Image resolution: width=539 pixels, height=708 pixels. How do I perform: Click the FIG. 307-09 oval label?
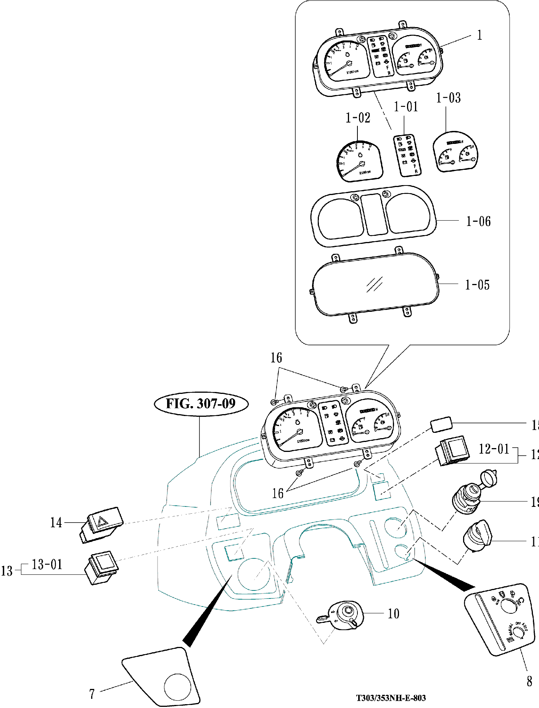201,403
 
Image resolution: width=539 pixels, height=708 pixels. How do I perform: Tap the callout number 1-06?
478,221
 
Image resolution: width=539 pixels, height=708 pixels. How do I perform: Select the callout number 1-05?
477,285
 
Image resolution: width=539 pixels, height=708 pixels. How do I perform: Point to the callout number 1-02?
358,118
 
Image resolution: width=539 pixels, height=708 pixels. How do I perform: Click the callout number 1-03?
448,98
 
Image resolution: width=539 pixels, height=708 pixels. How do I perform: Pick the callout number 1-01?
406,107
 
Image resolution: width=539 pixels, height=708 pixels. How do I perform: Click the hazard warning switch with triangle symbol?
101,523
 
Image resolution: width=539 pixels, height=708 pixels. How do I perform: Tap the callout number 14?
56,523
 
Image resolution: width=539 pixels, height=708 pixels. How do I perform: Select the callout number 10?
393,614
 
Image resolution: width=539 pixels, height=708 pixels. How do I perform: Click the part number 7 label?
92,694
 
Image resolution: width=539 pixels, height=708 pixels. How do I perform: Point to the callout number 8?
529,681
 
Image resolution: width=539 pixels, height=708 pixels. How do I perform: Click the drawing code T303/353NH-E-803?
391,698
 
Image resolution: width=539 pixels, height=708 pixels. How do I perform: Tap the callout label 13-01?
47,564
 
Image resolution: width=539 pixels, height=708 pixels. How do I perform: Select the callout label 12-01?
494,449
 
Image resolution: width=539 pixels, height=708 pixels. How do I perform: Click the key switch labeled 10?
344,615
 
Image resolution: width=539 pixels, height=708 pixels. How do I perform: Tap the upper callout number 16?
276,358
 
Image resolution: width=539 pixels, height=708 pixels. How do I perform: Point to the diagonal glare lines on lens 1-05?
374,284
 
